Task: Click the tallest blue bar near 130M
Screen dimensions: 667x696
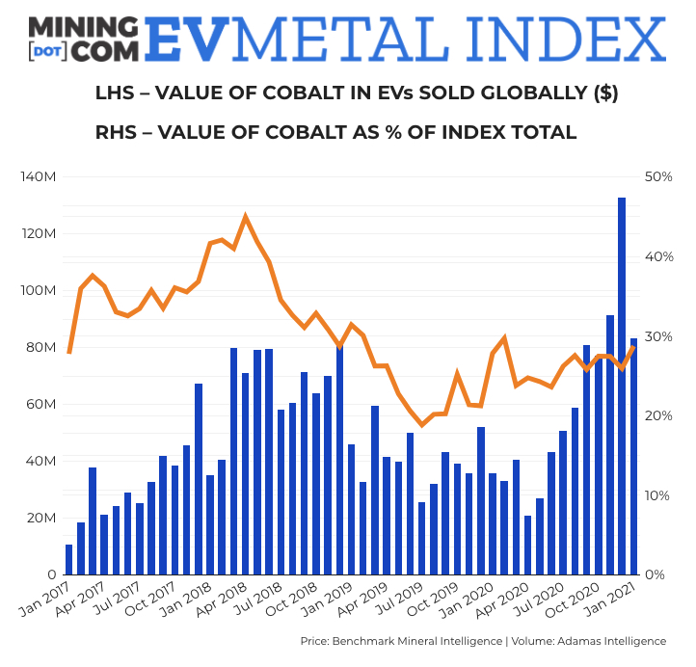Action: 622,386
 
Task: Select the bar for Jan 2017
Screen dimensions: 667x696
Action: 68,560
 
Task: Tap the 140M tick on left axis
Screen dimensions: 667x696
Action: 39,177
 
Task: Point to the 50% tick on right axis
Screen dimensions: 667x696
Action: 659,177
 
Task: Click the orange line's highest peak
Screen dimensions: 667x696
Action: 246,217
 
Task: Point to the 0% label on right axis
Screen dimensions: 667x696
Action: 655,575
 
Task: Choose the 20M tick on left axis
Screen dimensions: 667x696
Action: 41,519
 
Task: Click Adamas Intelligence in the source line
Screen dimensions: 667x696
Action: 613,641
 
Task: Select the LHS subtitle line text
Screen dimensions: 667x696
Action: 357,93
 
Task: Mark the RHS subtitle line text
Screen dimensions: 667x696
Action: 335,132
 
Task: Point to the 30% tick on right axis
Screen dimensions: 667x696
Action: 659,336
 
